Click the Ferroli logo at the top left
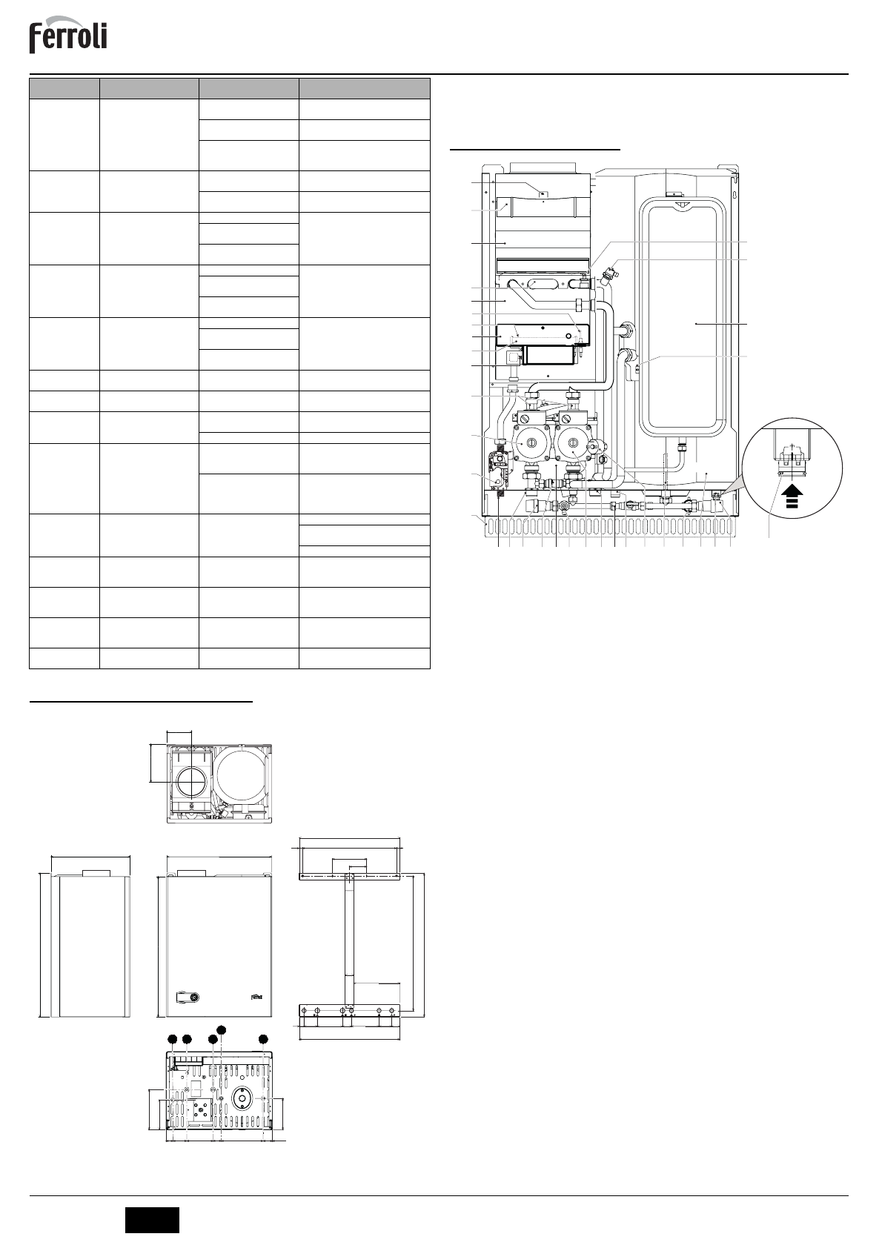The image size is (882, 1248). pos(68,38)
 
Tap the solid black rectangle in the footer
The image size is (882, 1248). pos(152,1220)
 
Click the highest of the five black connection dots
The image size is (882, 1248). pos(222,1029)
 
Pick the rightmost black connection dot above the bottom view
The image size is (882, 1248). pos(263,1038)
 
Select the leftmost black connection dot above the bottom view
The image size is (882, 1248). pos(173,1038)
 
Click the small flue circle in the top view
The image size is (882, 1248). pos(191,780)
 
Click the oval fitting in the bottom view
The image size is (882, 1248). pos(242,1097)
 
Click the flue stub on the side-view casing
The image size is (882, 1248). pos(96,872)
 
